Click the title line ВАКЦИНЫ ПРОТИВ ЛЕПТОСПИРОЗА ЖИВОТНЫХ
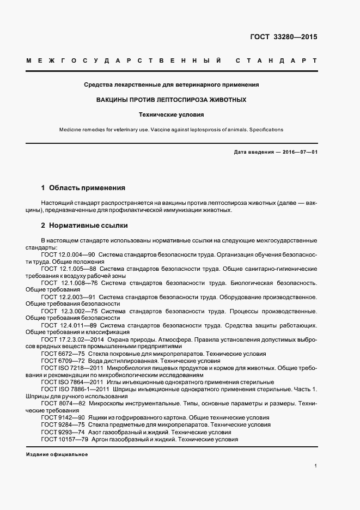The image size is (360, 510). coord(171,100)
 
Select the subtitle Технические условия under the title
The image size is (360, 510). coord(171,115)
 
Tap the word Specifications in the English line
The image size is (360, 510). coord(265,130)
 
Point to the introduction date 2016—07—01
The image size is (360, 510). coord(297,152)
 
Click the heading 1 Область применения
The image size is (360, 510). coord(83,188)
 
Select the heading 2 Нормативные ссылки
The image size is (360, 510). coord(84,225)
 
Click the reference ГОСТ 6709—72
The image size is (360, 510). coord(63,361)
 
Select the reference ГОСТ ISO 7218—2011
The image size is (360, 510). coord(69,368)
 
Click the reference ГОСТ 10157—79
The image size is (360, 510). coord(64,439)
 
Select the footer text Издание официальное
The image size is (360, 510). coord(57,454)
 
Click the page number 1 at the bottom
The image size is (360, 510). coord(315,466)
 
